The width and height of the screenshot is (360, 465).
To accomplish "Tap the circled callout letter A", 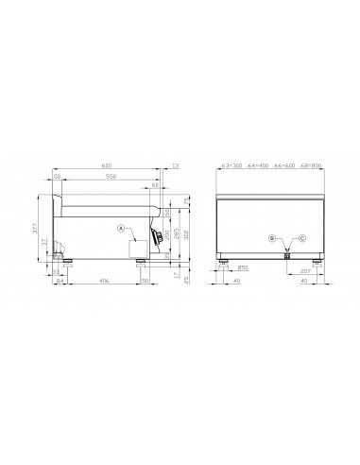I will [x=121, y=229].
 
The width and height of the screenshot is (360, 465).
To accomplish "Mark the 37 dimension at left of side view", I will [x=46, y=241].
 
